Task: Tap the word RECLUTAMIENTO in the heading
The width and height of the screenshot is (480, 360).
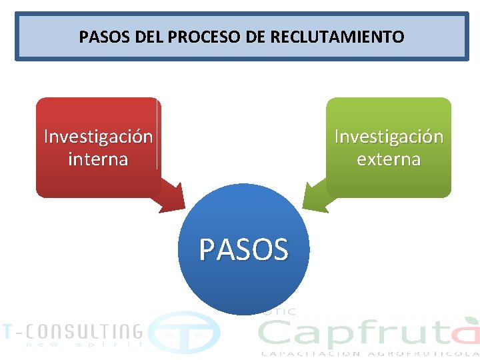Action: tap(337, 37)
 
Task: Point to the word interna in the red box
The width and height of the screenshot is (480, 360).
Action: tap(98, 160)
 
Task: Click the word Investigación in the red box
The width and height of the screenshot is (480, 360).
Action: tap(98, 137)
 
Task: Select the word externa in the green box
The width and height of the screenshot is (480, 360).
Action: tap(389, 160)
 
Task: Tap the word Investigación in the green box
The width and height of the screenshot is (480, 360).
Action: tap(389, 137)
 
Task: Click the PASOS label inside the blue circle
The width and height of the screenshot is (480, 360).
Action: tap(243, 250)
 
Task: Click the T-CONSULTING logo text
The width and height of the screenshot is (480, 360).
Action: tap(72, 331)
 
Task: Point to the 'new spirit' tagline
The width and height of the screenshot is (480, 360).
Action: tap(84, 345)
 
